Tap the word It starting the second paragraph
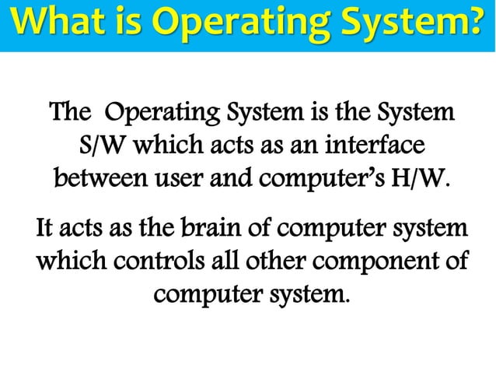click(x=46, y=231)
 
